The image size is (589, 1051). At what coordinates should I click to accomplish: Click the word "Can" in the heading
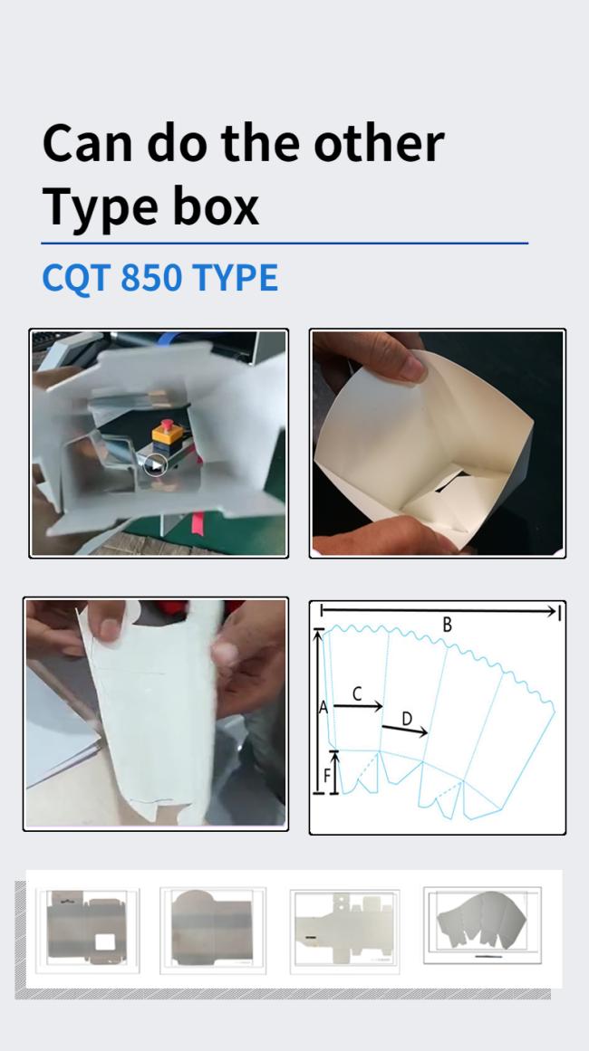pyautogui.click(x=88, y=143)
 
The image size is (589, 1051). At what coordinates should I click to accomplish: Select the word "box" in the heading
pyautogui.click(x=216, y=205)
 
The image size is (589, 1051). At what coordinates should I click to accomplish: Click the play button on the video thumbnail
pyautogui.click(x=156, y=464)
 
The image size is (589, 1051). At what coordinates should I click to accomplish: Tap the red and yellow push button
pyautogui.click(x=168, y=434)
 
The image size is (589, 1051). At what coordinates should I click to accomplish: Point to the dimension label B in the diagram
pyautogui.click(x=447, y=625)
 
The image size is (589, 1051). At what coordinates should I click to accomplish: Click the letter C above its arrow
pyautogui.click(x=357, y=693)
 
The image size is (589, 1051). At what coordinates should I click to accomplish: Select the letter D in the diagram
pyautogui.click(x=407, y=719)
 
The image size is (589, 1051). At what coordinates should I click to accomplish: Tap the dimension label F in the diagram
pyautogui.click(x=327, y=776)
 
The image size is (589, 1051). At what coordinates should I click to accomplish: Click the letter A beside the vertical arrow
pyautogui.click(x=323, y=707)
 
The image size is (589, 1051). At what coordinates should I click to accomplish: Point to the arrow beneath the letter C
pyautogui.click(x=358, y=706)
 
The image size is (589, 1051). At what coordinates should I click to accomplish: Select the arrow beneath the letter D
pyautogui.click(x=404, y=731)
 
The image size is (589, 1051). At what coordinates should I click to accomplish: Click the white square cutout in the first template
pyautogui.click(x=105, y=941)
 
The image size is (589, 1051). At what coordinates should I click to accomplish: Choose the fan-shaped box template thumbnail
pyautogui.click(x=482, y=925)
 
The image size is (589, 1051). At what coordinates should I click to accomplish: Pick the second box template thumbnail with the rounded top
pyautogui.click(x=213, y=931)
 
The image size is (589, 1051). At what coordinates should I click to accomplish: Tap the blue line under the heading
pyautogui.click(x=285, y=244)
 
